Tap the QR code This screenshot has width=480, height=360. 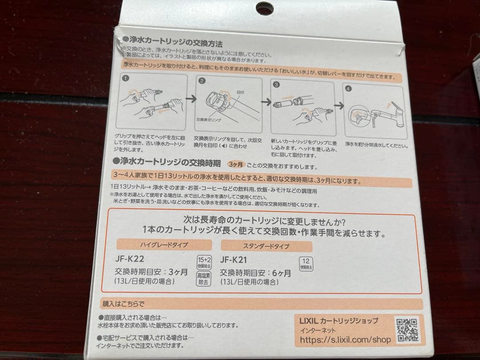[x=407, y=329]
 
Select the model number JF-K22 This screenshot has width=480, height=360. [x=129, y=259]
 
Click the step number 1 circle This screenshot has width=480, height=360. [x=126, y=79]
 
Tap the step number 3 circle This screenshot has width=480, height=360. [x=276, y=84]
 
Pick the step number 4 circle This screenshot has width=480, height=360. [x=348, y=88]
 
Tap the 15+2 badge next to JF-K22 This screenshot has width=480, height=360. [x=204, y=260]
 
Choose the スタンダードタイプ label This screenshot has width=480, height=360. [x=266, y=246]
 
